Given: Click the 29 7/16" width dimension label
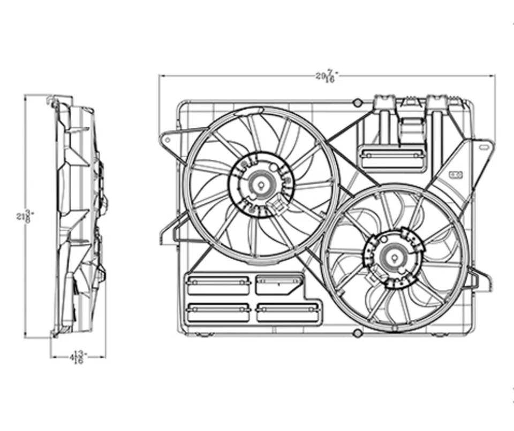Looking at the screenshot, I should tap(326, 75).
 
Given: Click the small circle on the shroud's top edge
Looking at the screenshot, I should tap(357, 102).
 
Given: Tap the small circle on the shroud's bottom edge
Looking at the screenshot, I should tap(357, 333).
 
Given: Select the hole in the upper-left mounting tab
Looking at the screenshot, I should tap(167, 140).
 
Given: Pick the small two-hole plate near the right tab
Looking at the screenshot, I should tap(457, 174).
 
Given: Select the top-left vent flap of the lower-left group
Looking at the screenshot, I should tap(218, 284).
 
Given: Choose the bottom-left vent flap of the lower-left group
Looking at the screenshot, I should tap(218, 312).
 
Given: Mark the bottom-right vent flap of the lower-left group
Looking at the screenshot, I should tap(288, 312).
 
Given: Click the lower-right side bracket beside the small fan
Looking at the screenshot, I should tap(480, 280).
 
